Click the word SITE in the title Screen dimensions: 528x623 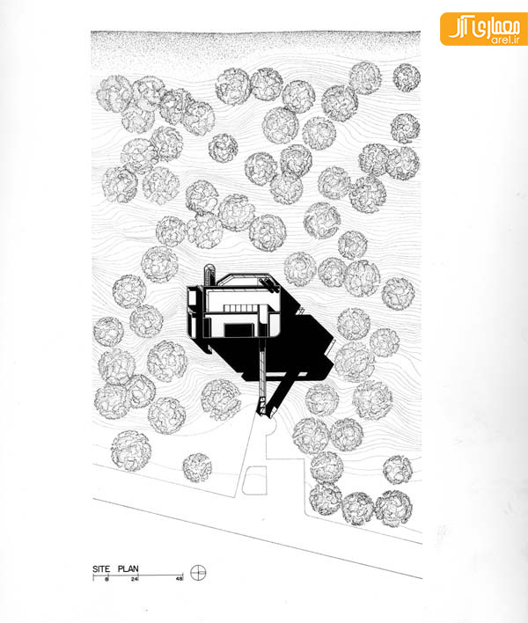(101, 569)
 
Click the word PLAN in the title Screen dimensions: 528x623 (128, 569)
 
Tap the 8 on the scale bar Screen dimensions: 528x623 (106, 579)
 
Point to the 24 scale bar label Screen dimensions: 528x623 (134, 579)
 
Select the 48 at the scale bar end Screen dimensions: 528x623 (180, 579)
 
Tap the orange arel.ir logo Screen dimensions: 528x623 (484, 29)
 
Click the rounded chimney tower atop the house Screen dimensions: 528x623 (209, 275)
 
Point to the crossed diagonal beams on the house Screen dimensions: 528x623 (269, 285)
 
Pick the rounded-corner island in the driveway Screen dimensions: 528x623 (254, 480)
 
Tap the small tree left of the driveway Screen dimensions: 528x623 (197, 467)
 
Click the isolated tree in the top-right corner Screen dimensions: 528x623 (407, 77)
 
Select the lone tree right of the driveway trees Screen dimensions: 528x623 (397, 470)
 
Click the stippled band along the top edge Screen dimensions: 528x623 (255, 44)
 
